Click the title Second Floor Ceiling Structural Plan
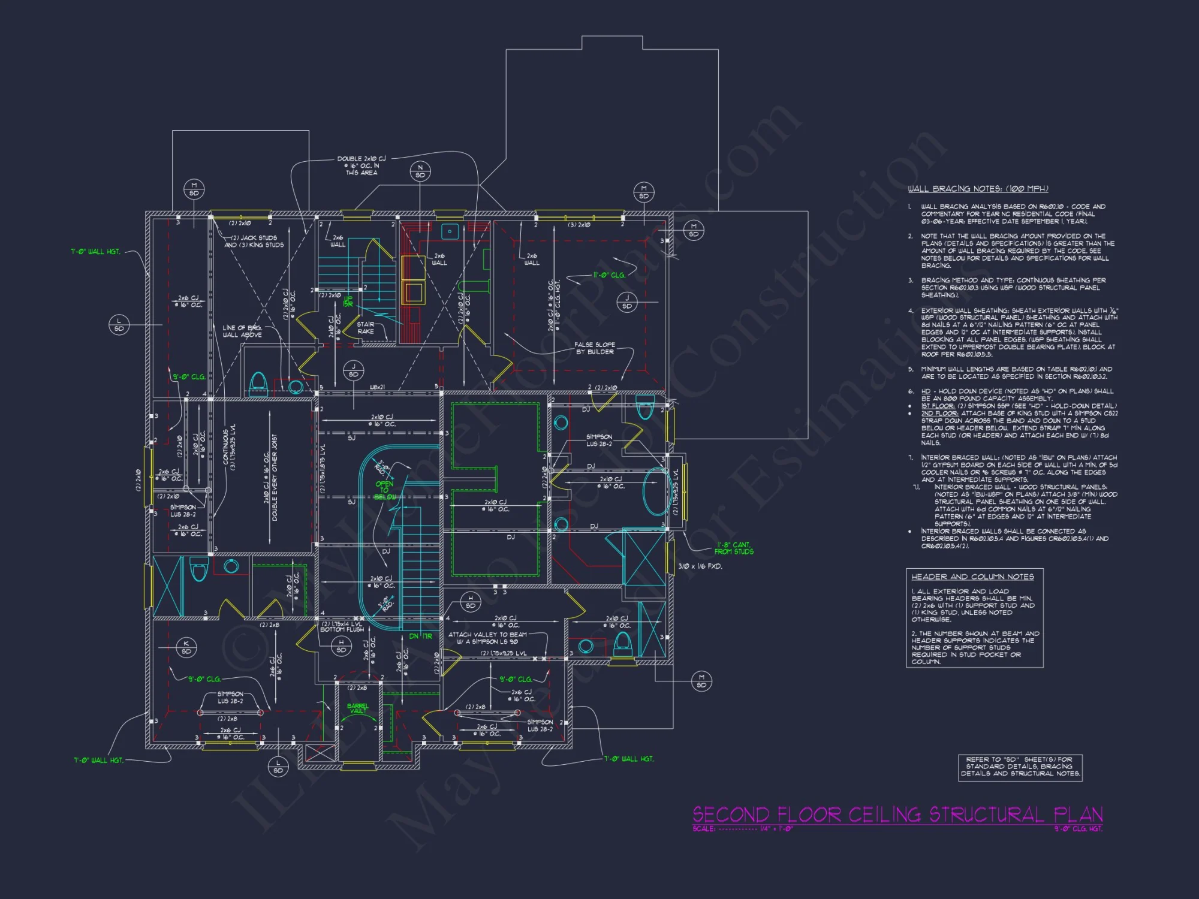[x=897, y=814]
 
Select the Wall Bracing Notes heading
[x=977, y=189]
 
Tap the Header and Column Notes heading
[x=972, y=577]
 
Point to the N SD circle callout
[x=420, y=171]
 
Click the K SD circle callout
[x=186, y=647]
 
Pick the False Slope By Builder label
[x=595, y=348]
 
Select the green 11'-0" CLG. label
[x=609, y=275]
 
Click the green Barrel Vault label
[x=358, y=708]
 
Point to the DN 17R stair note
[x=420, y=636]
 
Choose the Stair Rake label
[x=366, y=328]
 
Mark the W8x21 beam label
[x=377, y=387]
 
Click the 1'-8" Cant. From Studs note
[x=734, y=548]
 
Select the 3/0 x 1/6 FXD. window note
[x=700, y=566]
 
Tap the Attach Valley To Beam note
[x=487, y=638]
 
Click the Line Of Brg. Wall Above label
[x=242, y=331]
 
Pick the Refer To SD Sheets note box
[x=1020, y=767]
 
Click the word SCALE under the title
[x=703, y=829]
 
